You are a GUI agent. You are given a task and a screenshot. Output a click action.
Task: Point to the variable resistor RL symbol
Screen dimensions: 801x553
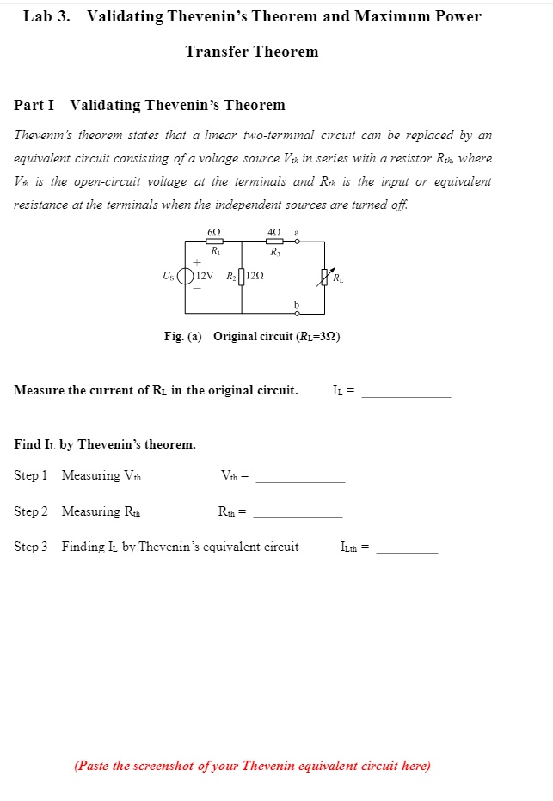(325, 277)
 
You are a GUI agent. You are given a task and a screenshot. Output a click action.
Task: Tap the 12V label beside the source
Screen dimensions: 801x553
(204, 277)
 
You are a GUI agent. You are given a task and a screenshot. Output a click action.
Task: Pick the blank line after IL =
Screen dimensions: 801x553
(406, 396)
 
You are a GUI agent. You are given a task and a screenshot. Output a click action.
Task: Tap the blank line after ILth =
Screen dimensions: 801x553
(407, 553)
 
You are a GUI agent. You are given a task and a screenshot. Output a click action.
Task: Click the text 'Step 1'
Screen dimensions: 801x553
(31, 475)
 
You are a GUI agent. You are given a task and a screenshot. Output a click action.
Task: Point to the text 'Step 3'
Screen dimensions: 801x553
(31, 547)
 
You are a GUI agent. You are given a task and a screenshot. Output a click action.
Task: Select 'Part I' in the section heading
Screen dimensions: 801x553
(34, 105)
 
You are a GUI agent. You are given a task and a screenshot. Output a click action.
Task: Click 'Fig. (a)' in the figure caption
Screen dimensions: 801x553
(182, 336)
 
